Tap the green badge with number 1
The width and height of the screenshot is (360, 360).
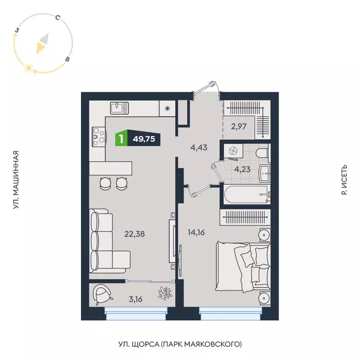(121, 139)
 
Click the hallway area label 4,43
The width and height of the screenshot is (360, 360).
(199, 147)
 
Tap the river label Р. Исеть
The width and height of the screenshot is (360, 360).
(344, 180)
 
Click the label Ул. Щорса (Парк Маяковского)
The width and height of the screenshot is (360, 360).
(180, 345)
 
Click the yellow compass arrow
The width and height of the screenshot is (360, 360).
(42, 44)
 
